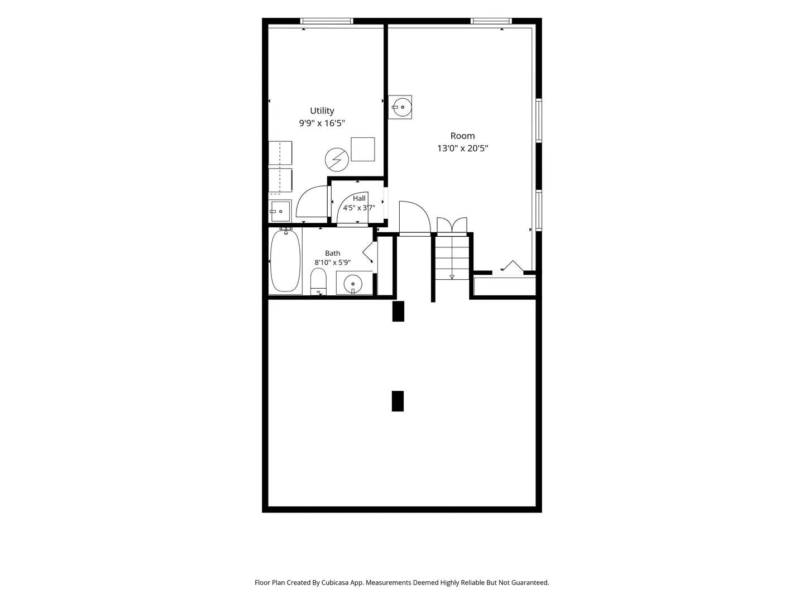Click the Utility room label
click(x=322, y=111)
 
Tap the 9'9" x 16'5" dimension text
click(x=322, y=123)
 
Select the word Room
click(x=462, y=136)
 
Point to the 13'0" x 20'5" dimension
click(x=462, y=149)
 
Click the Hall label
click(x=359, y=198)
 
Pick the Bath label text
click(x=333, y=253)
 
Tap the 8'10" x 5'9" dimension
click(x=333, y=262)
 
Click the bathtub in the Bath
click(x=285, y=261)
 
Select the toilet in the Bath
click(x=318, y=281)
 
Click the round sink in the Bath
click(x=353, y=284)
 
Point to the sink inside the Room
click(x=400, y=107)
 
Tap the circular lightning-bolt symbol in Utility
click(x=337, y=160)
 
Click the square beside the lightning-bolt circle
click(x=362, y=150)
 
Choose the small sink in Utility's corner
click(x=280, y=211)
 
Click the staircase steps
click(x=452, y=258)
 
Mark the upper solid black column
click(x=398, y=311)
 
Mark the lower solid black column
click(x=398, y=401)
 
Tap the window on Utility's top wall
click(x=327, y=21)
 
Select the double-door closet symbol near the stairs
click(x=452, y=225)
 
